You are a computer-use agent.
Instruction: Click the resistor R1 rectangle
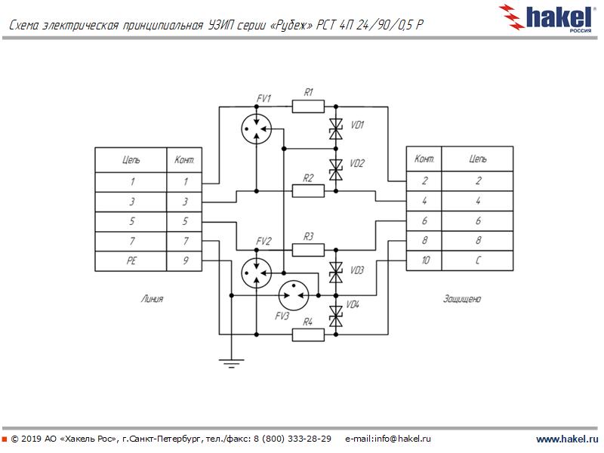tap(308, 106)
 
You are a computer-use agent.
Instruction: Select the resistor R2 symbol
tap(308, 190)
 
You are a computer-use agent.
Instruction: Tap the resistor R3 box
tap(308, 248)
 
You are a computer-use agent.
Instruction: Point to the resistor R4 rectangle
tap(308, 333)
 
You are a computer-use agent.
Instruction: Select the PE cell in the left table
tap(131, 261)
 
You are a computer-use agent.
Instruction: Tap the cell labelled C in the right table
tap(477, 261)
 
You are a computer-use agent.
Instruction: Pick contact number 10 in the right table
tap(424, 261)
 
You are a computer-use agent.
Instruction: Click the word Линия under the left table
tap(152, 299)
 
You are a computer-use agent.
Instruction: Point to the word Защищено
tap(462, 299)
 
